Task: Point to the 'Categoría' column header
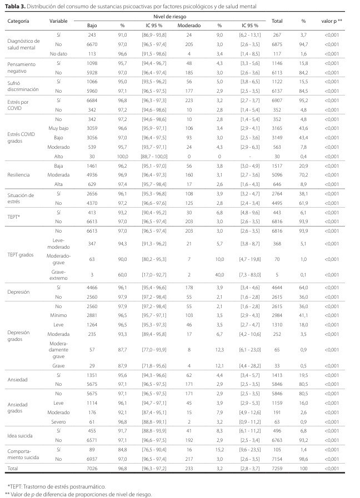tap(18, 21)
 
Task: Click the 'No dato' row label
tap(58, 54)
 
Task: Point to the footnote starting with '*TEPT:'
tap(48, 486)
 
